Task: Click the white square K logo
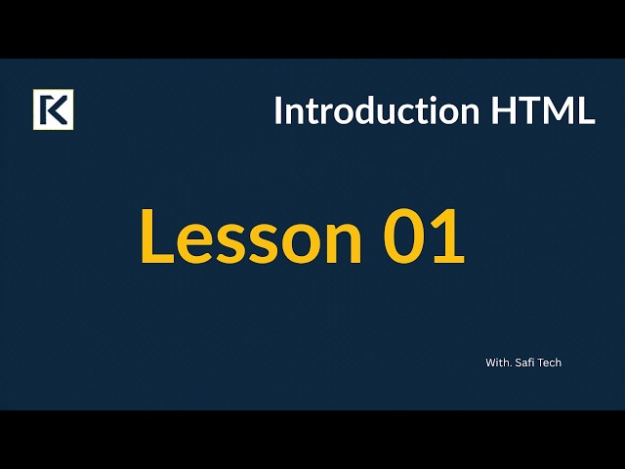(x=53, y=109)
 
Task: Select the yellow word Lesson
(x=251, y=237)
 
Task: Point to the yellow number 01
(x=424, y=237)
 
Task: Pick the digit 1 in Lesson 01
(x=447, y=237)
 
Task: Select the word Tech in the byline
(x=550, y=362)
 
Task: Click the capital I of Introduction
(x=277, y=110)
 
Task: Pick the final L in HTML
(x=585, y=110)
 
